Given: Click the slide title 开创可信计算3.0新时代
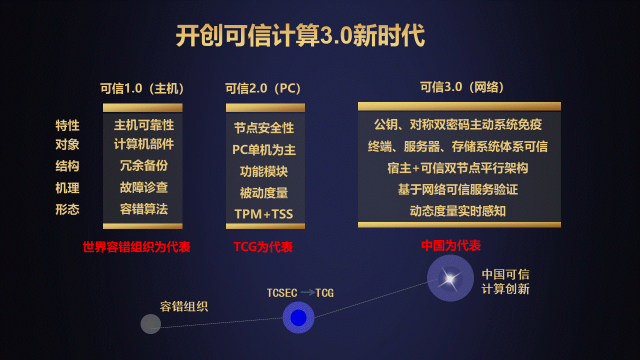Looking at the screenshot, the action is click(300, 35).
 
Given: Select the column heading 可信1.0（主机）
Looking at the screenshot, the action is click(142, 88).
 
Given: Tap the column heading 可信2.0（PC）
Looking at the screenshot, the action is click(263, 88).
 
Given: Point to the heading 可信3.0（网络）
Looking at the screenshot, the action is click(462, 87).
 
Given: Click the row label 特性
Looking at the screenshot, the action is click(67, 125).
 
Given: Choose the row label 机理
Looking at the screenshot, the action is click(67, 188).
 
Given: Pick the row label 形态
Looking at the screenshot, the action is click(67, 209).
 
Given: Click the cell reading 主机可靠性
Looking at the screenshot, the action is click(144, 125).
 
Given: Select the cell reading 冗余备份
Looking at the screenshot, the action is click(144, 165).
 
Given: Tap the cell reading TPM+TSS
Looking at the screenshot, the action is click(264, 214).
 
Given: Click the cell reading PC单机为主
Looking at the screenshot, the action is click(264, 149).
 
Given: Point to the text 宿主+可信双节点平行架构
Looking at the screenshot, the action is click(457, 168).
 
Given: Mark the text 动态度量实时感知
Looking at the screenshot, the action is click(457, 211).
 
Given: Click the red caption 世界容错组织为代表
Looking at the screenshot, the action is click(136, 247).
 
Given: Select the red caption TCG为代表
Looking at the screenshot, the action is click(263, 247).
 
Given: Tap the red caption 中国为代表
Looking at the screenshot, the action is click(451, 245).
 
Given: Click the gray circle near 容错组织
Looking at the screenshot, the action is click(150, 324).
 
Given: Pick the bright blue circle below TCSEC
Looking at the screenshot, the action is click(298, 317).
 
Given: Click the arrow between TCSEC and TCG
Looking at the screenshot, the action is click(307, 292).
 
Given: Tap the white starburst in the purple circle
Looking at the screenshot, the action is click(450, 279).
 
